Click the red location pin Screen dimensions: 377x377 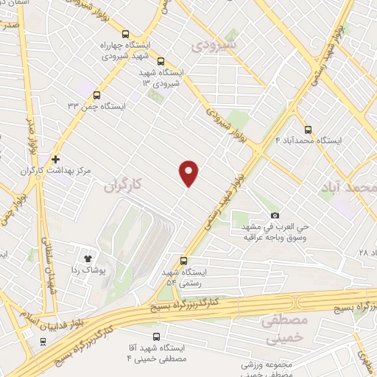point(189,172)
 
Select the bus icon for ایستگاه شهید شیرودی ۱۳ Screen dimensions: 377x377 point(161,63)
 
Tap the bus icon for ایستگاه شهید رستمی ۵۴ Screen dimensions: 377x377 point(183,260)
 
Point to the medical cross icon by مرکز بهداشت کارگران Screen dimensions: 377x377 point(56,159)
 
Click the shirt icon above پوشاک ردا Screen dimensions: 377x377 point(89,258)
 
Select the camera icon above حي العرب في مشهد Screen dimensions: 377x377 point(275,215)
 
